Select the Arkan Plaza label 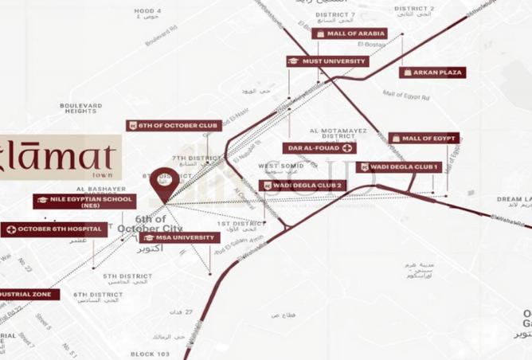pyautogui.click(x=432, y=72)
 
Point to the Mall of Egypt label pyautogui.click(x=424, y=139)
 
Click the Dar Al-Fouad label pyautogui.click(x=319, y=148)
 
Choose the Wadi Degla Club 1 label pyautogui.click(x=398, y=167)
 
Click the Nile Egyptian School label pyautogui.click(x=73, y=202)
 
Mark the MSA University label pyautogui.click(x=179, y=237)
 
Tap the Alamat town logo pyautogui.click(x=60, y=156)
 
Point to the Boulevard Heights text pyautogui.click(x=80, y=108)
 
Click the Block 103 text pyautogui.click(x=151, y=353)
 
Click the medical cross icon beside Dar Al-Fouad pyautogui.click(x=347, y=148)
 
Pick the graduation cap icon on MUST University pyautogui.click(x=293, y=61)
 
